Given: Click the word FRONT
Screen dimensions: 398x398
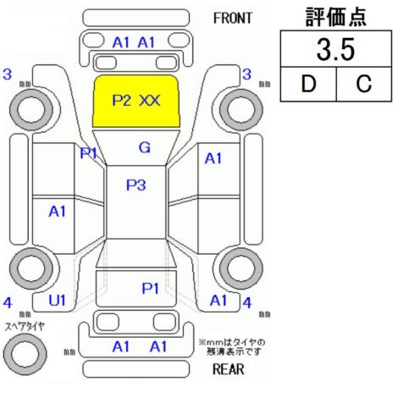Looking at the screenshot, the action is [x=233, y=19].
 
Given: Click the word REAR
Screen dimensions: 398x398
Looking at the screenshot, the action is [x=229, y=369].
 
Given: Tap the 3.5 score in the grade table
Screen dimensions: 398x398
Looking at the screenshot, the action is [x=335, y=50].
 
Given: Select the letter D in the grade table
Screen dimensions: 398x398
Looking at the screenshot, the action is [x=308, y=84].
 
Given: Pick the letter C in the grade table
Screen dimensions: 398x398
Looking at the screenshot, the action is [x=364, y=84].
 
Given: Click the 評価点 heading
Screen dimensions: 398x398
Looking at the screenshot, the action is [x=336, y=17].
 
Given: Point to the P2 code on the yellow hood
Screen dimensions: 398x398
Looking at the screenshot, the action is [x=122, y=100].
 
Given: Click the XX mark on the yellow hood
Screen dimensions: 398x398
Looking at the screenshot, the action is [x=150, y=100].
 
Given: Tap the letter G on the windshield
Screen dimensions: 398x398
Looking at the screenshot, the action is [x=145, y=147].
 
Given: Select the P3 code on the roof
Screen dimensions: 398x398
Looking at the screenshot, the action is [x=135, y=185].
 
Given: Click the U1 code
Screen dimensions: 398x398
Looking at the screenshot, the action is [x=57, y=301].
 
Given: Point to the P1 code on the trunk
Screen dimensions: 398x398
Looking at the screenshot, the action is [x=150, y=289].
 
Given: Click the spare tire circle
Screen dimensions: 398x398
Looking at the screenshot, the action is [x=25, y=354].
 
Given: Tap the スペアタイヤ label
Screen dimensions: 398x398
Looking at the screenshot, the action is [x=25, y=327].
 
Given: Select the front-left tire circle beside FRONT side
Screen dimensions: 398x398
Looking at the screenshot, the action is [x=31, y=109].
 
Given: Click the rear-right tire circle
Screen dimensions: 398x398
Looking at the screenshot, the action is [x=241, y=268].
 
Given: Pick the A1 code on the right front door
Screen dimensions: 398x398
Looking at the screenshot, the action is [x=213, y=158].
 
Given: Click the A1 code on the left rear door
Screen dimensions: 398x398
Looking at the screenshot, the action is [x=57, y=211].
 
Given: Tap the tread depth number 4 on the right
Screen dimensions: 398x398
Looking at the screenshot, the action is [x=247, y=303].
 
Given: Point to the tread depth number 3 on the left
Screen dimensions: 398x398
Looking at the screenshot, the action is [x=8, y=75].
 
